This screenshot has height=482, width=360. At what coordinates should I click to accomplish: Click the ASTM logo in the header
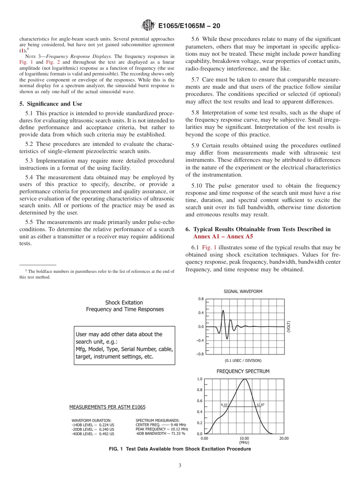pos(148,25)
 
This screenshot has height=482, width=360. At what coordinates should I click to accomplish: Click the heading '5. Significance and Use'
pos(50,104)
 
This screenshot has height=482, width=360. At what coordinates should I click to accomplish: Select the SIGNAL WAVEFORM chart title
pos(243,291)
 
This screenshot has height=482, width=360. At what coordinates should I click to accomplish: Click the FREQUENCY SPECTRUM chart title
pos(243,371)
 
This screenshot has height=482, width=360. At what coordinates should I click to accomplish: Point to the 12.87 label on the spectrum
pos(260,405)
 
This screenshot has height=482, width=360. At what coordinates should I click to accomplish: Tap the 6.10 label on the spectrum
pos(224,405)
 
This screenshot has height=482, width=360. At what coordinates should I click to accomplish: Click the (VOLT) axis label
pos(289,327)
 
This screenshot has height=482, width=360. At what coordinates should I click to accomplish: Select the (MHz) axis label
pos(244,442)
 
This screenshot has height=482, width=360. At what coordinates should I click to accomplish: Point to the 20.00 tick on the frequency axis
pos(284,438)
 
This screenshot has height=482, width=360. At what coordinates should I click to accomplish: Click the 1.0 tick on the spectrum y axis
pos(200,379)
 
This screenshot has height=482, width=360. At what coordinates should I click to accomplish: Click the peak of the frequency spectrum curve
pos(245,379)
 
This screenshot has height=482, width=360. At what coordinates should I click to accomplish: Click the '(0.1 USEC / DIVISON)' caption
pos(243,360)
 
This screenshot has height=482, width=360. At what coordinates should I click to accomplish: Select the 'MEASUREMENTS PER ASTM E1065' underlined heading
pos(107,407)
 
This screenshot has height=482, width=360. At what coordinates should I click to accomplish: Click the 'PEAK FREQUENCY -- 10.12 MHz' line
pos(162,429)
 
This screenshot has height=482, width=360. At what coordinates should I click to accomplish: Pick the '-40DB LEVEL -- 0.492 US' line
pos(93,434)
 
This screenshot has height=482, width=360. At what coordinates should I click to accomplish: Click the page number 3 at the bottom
pos(180,466)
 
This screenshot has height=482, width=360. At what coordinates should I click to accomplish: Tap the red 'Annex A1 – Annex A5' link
pos(223,236)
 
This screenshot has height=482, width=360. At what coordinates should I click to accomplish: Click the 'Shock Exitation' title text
pos(124,302)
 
